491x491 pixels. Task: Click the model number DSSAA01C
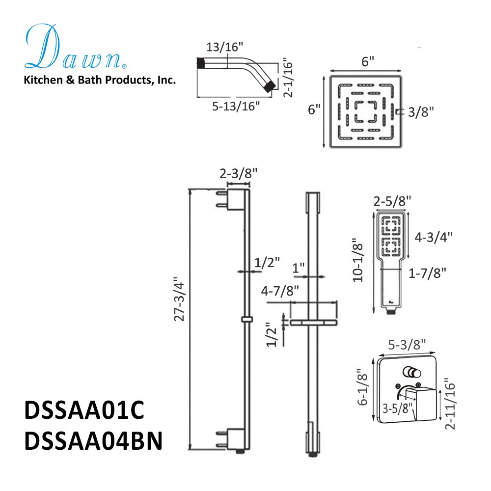click(84, 411)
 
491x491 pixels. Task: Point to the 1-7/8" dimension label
click(427, 273)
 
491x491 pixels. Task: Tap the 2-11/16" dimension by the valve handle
click(450, 404)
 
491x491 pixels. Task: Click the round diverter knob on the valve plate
click(408, 371)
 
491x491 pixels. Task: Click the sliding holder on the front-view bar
click(313, 323)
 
